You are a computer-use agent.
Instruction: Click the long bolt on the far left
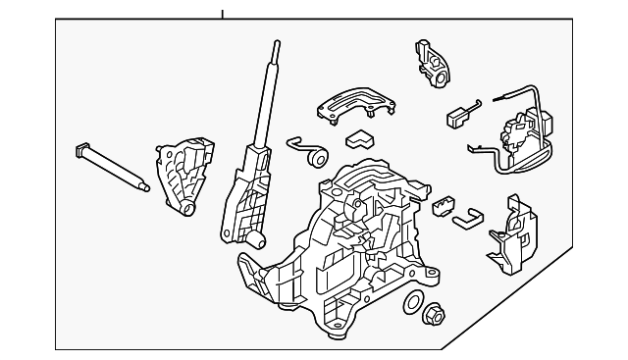tap(113, 168)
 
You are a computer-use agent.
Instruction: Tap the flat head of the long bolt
tap(79, 151)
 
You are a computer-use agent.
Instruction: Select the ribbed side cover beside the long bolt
tap(182, 174)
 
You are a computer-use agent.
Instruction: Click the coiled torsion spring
tap(313, 154)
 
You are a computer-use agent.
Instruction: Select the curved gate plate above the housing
tap(354, 102)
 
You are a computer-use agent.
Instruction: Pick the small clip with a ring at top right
tap(433, 63)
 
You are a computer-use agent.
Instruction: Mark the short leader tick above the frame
tap(222, 14)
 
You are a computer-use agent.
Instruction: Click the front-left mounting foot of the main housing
tap(253, 274)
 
